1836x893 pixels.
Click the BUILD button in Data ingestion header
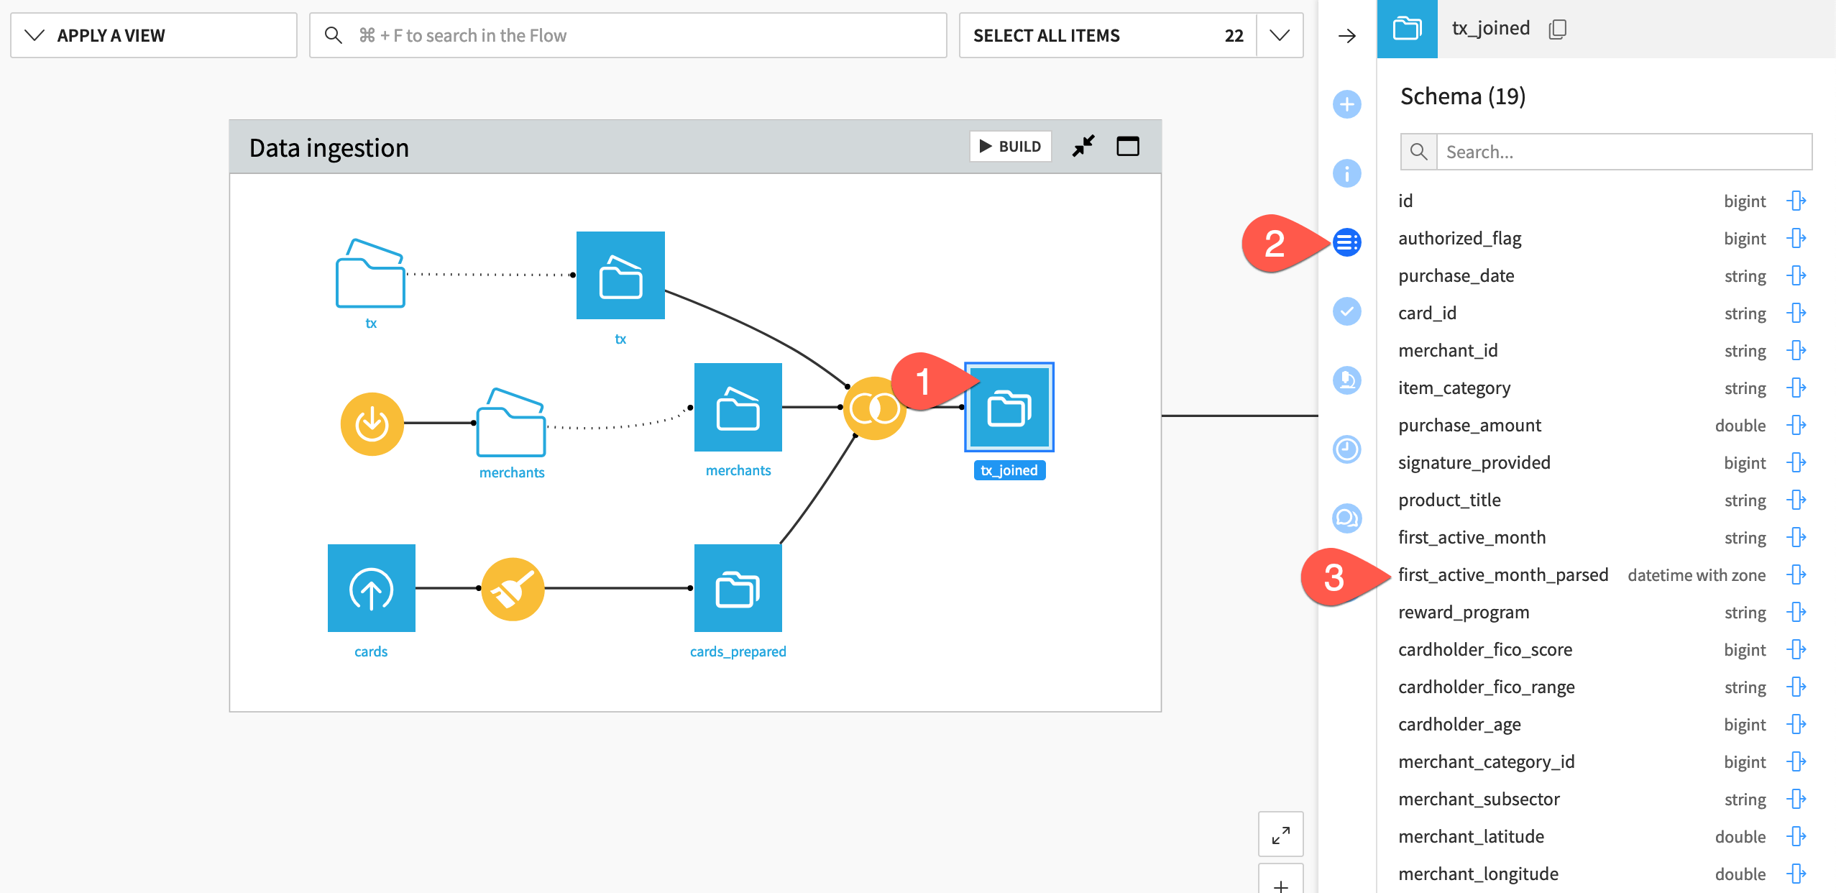coord(1010,147)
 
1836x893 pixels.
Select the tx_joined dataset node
coord(1009,408)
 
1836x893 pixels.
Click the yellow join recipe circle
coord(873,408)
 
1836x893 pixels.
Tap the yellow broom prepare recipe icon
coord(513,589)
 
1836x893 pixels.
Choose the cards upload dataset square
coord(371,588)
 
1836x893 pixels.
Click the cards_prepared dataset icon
coord(738,588)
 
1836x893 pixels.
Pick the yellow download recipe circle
coord(372,423)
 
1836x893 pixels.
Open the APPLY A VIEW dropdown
coord(153,35)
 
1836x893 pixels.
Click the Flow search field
coord(628,35)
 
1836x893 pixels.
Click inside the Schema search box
coord(1623,152)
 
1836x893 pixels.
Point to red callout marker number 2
coord(1275,244)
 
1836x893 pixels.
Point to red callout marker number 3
coord(1334,577)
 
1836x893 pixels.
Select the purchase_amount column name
coord(1469,426)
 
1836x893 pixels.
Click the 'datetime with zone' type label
coord(1696,575)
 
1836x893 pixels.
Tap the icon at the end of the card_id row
coord(1796,313)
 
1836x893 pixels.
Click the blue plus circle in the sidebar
coord(1346,104)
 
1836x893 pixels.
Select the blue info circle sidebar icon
coord(1346,173)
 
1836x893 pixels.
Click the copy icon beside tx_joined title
coord(1557,29)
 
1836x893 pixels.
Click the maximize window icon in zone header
coord(1127,147)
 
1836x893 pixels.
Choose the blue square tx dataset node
coord(620,275)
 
